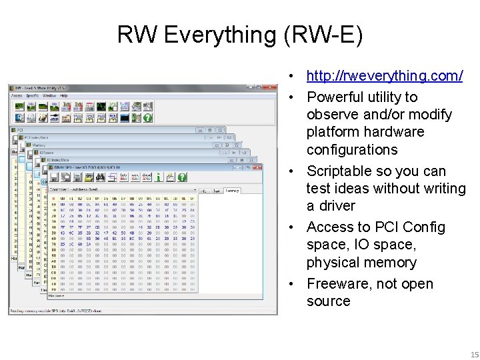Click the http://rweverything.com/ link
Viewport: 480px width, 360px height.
click(x=384, y=75)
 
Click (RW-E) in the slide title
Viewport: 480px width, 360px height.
click(x=323, y=35)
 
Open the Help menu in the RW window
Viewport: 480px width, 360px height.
click(x=64, y=95)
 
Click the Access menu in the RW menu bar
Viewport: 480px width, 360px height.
click(x=17, y=95)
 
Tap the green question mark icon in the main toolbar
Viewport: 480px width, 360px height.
click(x=147, y=117)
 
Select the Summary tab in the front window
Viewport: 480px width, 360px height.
click(x=232, y=191)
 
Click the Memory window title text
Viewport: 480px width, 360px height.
click(x=39, y=144)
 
